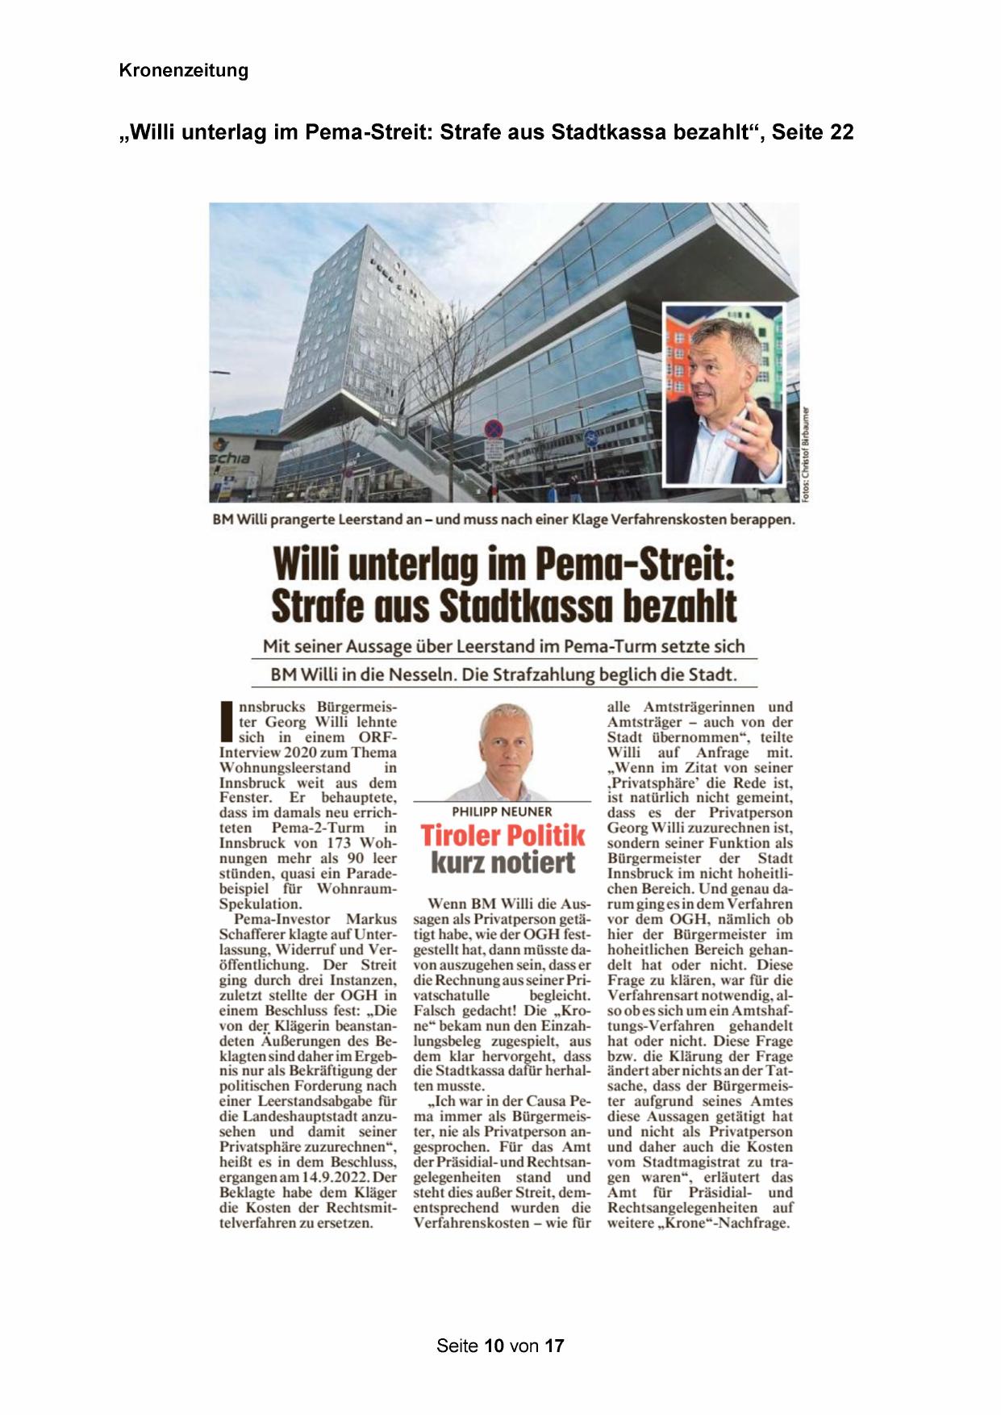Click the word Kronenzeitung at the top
[183, 70]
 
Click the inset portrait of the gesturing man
[724, 395]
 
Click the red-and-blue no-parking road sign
[493, 428]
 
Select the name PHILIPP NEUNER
[502, 812]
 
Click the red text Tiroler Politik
[502, 836]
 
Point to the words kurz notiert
[503, 862]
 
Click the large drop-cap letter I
[227, 722]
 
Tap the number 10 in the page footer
[494, 1346]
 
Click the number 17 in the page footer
[553, 1346]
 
